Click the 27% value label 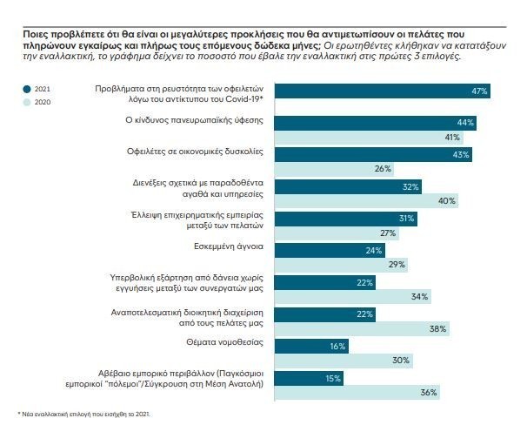point(388,233)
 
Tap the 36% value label point(428,392)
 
